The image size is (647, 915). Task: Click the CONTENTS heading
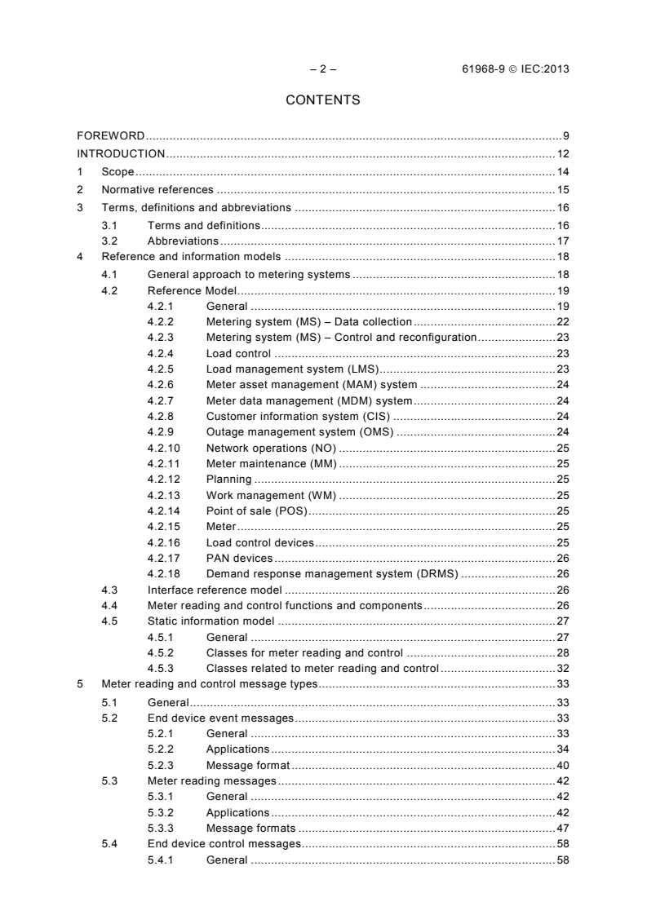323,100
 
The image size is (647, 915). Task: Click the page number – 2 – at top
323,69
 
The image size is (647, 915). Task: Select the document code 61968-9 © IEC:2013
515,69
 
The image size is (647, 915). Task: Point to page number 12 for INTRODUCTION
562,153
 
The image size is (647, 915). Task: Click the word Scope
117,171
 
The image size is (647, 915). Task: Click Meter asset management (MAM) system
312,384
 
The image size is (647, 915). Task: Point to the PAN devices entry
239,558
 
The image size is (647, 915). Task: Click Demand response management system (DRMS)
332,573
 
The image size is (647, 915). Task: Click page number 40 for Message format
562,765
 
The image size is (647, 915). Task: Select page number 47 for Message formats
562,828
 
